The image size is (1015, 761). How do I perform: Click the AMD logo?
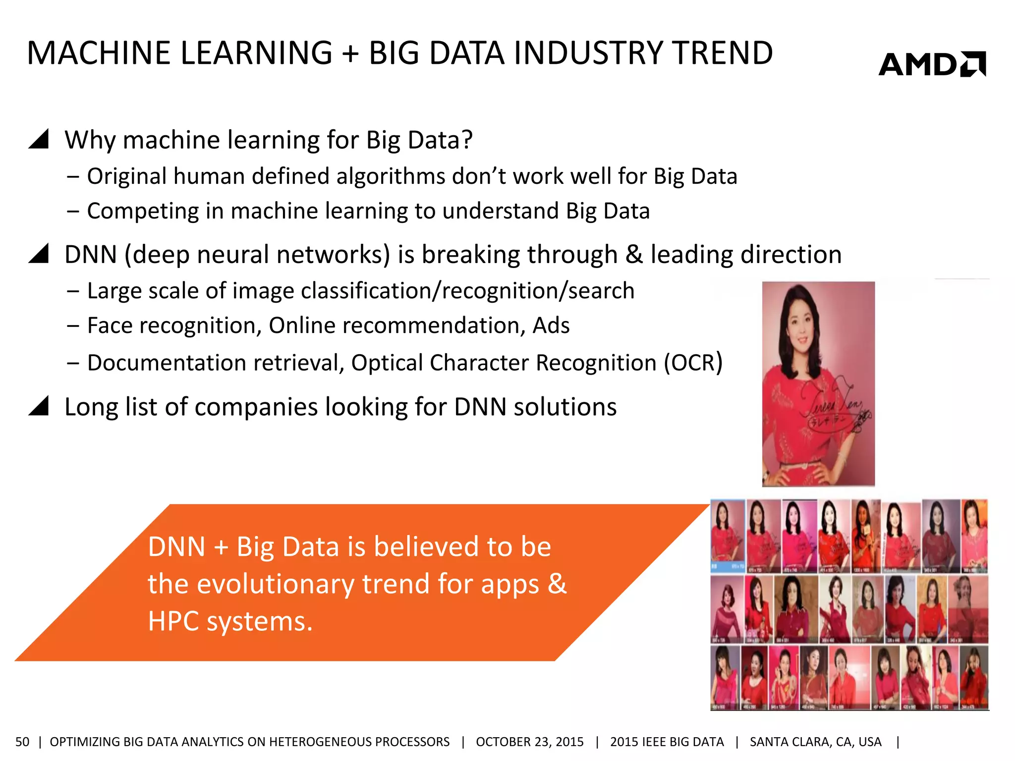pos(932,64)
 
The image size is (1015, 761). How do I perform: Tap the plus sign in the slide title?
pos(350,54)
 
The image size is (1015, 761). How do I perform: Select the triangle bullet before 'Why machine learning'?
pos(39,139)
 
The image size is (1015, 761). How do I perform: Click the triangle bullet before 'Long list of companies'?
pos(39,406)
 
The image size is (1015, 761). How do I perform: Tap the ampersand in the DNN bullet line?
pos(634,254)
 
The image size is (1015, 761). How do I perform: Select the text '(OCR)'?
pos(693,363)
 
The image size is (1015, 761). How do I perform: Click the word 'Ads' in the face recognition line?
pos(551,326)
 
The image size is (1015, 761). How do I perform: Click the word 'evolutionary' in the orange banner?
pos(275,584)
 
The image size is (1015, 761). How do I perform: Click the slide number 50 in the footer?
pos(22,742)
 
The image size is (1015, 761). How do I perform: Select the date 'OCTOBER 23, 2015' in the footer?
pos(529,742)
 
